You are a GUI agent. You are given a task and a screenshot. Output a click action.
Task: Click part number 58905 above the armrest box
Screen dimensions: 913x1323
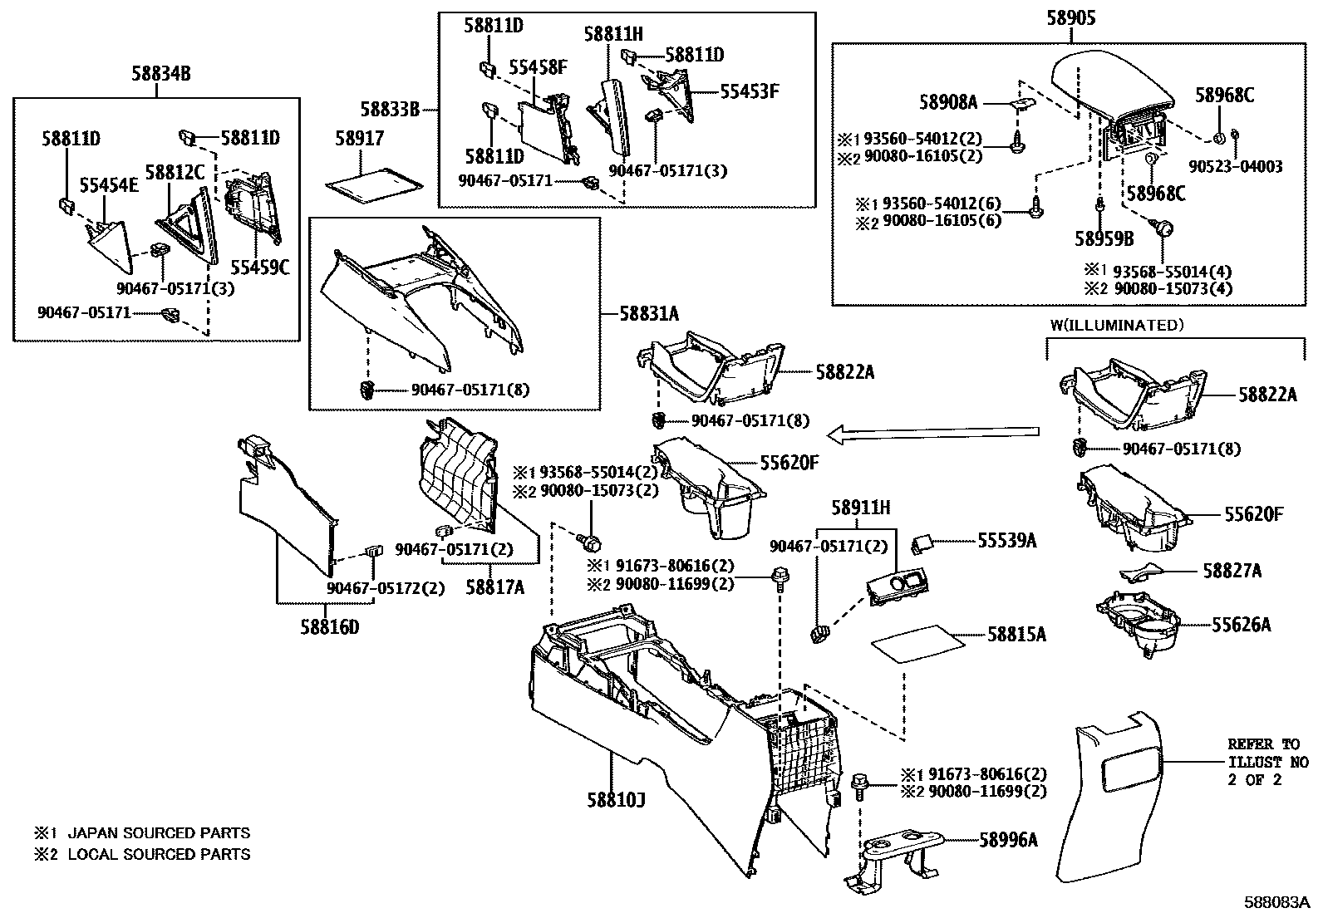click(x=1070, y=17)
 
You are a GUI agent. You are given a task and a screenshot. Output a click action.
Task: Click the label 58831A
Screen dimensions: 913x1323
click(x=648, y=314)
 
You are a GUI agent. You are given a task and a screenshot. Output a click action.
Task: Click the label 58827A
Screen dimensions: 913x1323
click(x=1232, y=571)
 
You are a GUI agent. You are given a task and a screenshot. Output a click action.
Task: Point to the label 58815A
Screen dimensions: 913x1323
click(x=1016, y=636)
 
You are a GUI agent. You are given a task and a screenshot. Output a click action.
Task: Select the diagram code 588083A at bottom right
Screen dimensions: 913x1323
click(x=1276, y=902)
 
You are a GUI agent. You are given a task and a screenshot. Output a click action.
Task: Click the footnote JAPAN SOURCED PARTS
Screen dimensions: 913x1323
click(x=158, y=832)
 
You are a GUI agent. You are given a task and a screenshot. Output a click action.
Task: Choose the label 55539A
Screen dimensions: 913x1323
click(x=1006, y=541)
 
